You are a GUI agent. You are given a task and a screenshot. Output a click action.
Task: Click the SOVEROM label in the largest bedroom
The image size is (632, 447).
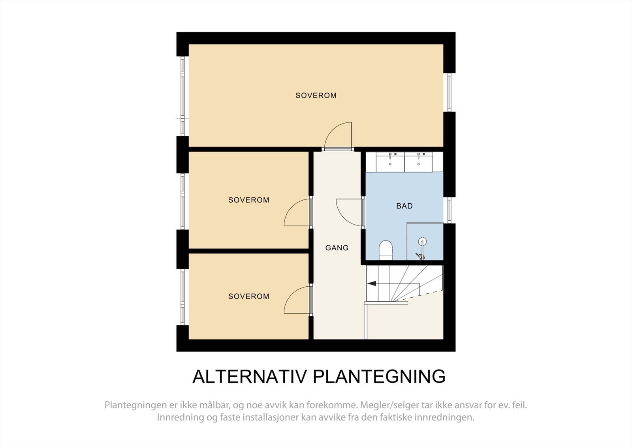click(316, 95)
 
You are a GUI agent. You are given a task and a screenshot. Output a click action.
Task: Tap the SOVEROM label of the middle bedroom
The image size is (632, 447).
click(248, 200)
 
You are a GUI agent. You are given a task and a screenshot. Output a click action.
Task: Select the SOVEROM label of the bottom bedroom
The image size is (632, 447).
click(248, 296)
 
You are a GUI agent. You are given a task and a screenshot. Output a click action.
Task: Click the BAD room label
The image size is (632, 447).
click(404, 206)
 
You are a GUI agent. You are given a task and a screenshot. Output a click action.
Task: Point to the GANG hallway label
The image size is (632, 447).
click(337, 248)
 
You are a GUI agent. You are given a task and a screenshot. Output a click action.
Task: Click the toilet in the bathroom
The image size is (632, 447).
click(386, 250)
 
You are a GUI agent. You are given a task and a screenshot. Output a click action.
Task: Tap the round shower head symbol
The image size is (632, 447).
click(423, 242)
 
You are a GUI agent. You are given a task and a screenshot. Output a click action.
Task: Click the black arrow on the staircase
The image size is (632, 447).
click(371, 283)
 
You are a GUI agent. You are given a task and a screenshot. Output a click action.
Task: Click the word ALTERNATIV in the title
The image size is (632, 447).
click(249, 376)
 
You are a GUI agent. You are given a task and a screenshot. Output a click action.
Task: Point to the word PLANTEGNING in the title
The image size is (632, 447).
click(379, 376)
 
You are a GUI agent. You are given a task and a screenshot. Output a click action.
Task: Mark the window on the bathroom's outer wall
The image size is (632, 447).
click(450, 210)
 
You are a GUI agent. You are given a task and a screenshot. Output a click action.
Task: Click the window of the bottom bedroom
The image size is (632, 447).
click(182, 297)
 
